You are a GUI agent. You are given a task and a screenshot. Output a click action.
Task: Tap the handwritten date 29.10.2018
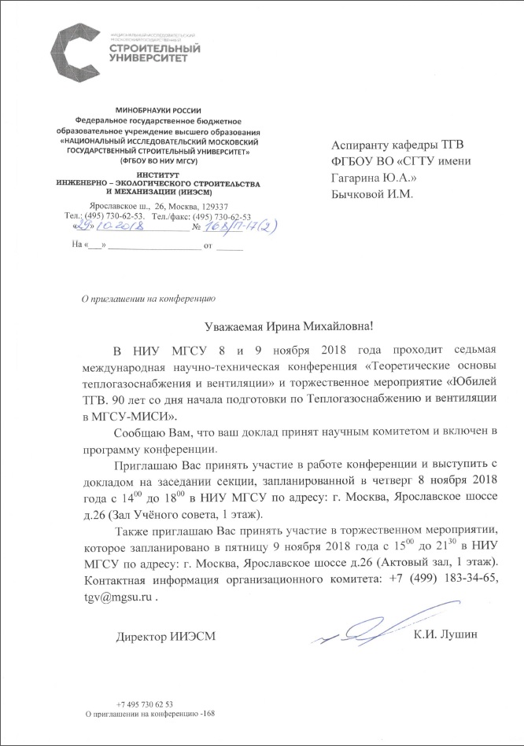click(x=105, y=226)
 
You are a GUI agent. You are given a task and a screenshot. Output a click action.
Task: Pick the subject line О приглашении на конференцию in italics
click(x=142, y=297)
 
